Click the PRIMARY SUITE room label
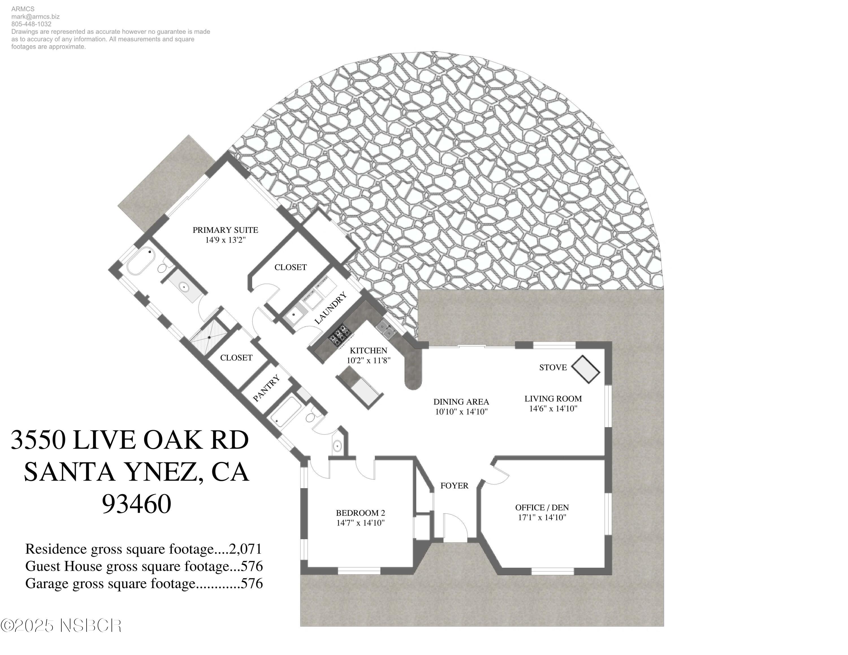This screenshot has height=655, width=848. (225, 230)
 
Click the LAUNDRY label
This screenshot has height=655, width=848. (330, 308)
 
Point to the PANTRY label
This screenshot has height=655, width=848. (266, 388)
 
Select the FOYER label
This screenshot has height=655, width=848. (454, 486)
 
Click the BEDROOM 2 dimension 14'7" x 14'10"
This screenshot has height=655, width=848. (360, 523)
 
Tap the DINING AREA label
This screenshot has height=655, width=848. (461, 402)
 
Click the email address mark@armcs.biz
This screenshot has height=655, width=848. (35, 17)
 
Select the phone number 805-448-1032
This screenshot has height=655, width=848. (31, 24)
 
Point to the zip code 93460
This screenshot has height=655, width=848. (136, 504)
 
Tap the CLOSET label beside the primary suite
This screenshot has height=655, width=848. (290, 267)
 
